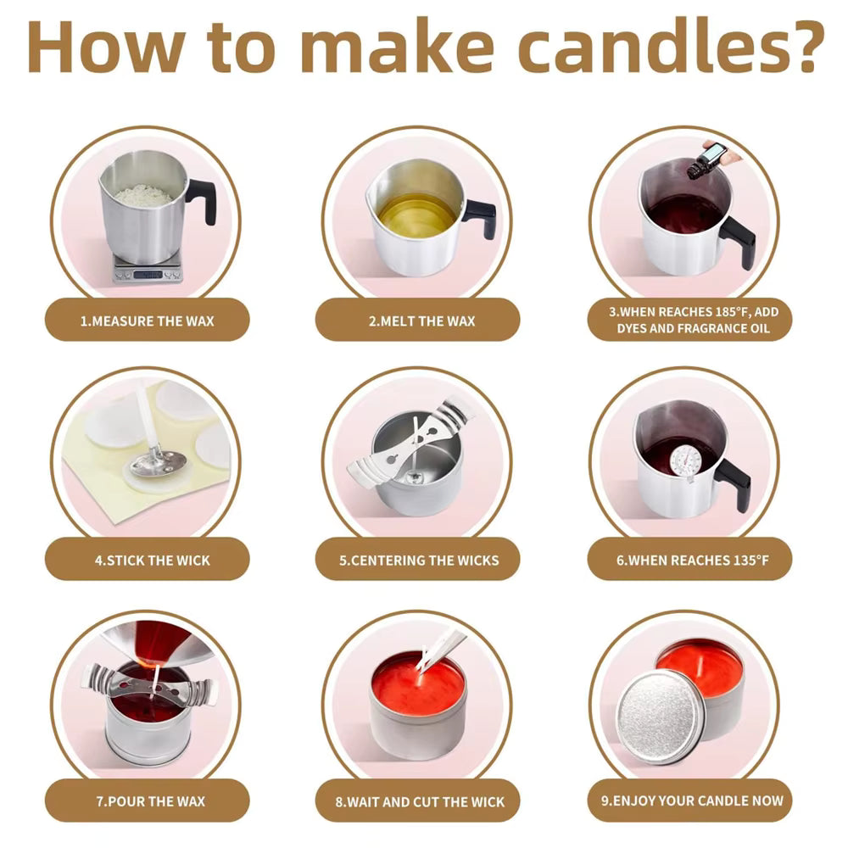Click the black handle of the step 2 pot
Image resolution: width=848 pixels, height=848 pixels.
480,217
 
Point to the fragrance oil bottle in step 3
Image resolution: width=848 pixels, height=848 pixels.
706,160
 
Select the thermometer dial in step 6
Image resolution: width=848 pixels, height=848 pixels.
686,460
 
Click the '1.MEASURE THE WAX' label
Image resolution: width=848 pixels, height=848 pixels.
147,321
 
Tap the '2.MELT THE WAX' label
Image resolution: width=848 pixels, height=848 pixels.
421,321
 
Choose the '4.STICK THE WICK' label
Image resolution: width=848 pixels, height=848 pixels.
153,561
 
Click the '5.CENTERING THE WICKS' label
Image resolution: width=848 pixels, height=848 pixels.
419,561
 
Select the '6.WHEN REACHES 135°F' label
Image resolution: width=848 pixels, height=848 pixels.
692,560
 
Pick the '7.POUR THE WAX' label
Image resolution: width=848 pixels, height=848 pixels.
151,801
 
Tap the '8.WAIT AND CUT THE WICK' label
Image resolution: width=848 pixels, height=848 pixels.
420,801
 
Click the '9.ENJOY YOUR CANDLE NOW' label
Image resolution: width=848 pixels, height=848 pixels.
692,801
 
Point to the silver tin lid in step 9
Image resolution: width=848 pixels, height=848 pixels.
661,713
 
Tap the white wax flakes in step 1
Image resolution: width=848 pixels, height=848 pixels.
143,195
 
